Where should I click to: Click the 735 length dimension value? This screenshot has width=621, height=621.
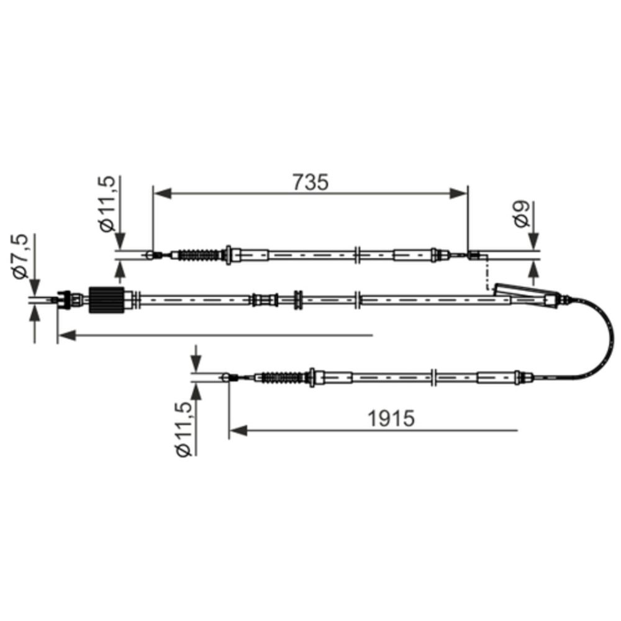coord(310,182)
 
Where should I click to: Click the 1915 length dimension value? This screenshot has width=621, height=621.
coord(391,418)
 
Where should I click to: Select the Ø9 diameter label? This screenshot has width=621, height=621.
coord(522,214)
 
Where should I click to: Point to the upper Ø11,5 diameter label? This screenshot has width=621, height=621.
coord(107,204)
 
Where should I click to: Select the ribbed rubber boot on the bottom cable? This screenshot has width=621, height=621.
coord(283,377)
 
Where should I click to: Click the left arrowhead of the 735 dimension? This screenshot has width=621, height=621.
coord(162,194)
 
